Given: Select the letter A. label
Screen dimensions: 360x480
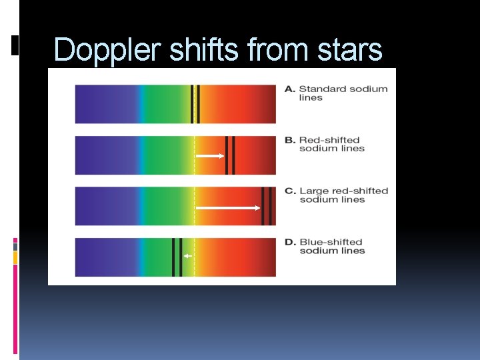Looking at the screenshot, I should [290, 89].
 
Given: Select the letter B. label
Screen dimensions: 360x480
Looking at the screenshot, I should [290, 140].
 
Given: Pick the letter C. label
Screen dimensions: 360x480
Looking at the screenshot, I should [290, 191].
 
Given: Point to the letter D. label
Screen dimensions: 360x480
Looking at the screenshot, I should [290, 242].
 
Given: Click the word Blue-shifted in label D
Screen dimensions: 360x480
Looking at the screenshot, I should [331, 242].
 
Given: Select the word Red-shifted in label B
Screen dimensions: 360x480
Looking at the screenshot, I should [329, 140].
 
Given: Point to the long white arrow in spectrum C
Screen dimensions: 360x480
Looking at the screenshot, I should [228, 207].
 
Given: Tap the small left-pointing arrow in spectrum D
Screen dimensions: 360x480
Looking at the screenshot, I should [188, 256].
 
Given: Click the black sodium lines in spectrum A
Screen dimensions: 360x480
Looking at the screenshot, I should [195, 104].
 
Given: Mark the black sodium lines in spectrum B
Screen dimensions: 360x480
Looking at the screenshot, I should [230, 155].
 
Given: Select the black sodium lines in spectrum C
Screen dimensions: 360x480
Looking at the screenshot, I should [267, 206].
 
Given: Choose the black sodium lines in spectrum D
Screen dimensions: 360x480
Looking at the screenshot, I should [177, 257].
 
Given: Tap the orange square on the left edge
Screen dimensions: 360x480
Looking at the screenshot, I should [15, 257].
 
